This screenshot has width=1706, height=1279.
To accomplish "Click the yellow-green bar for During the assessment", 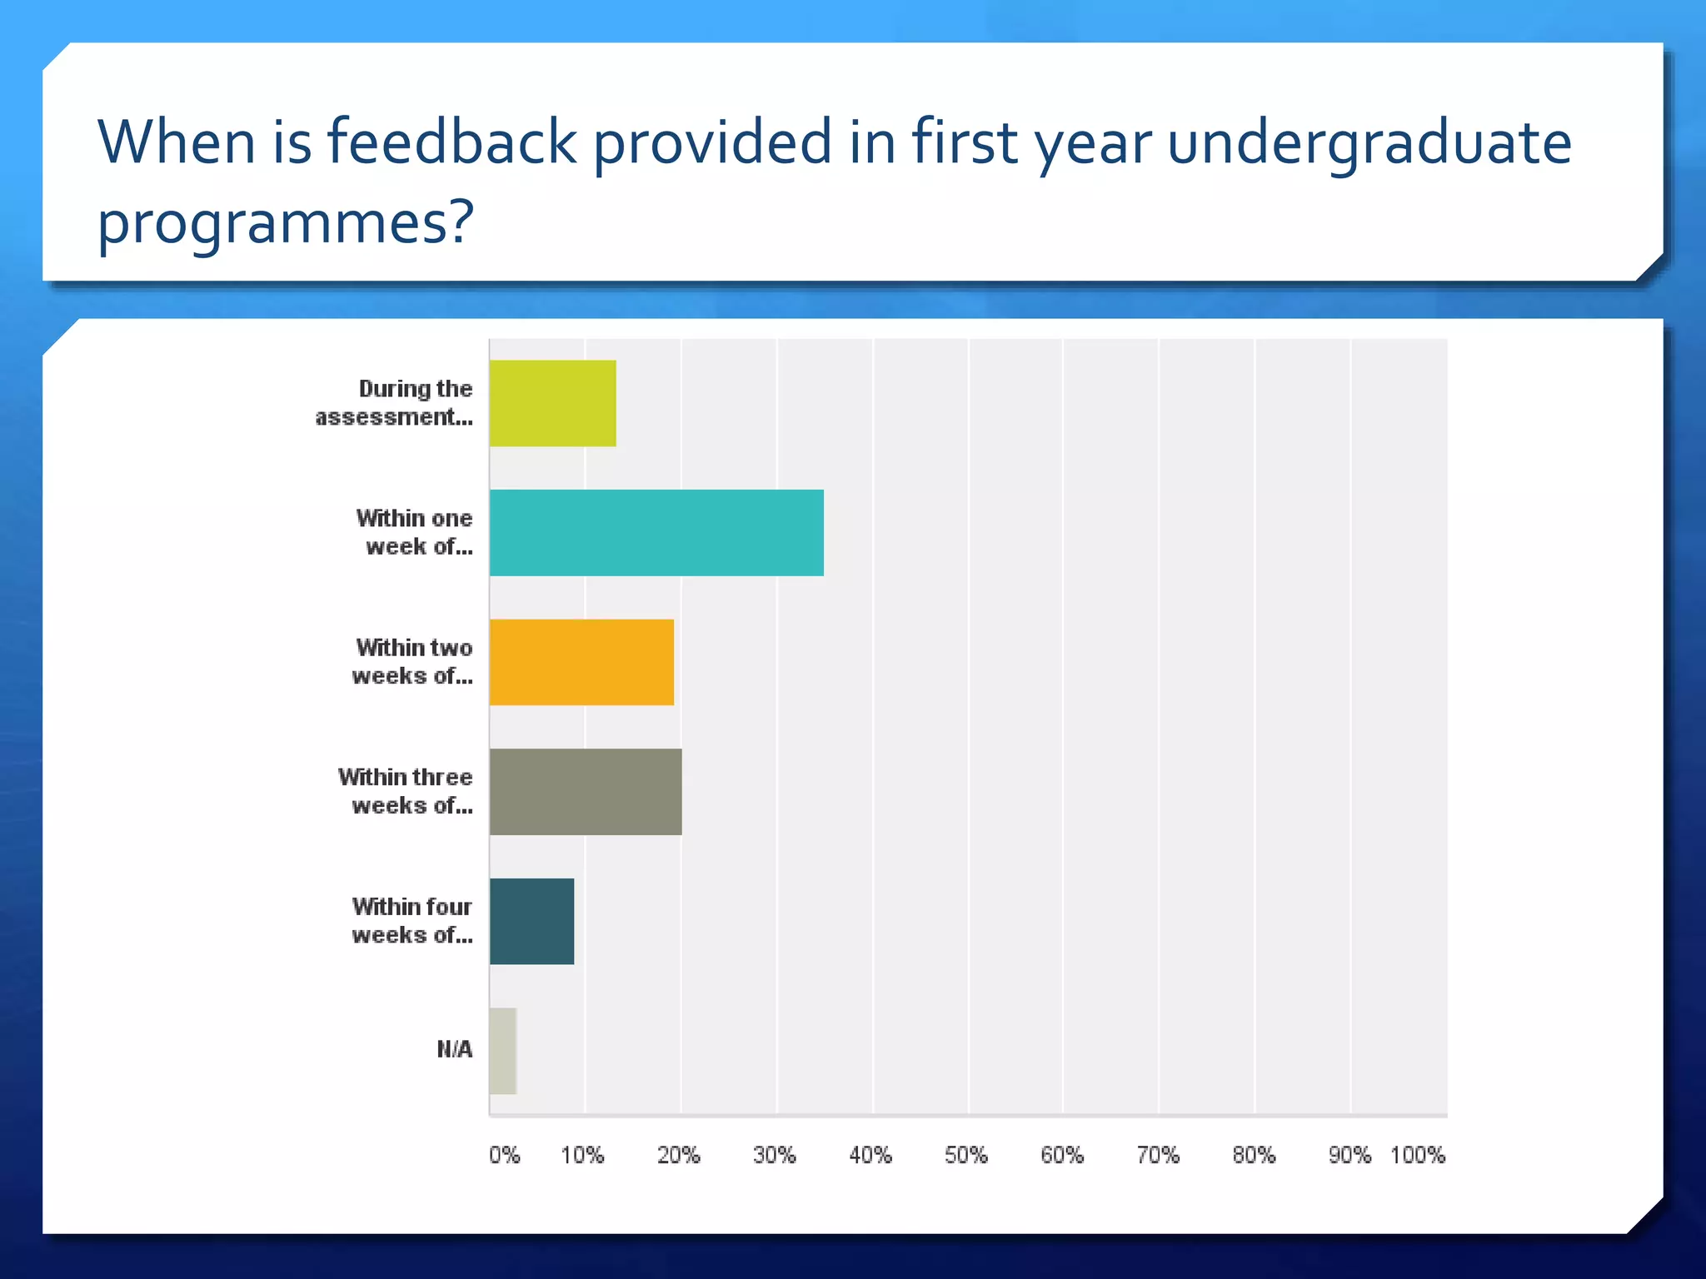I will click(x=552, y=403).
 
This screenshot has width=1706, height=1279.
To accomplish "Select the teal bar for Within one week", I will click(x=656, y=533).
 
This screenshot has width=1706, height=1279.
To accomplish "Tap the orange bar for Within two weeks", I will click(x=581, y=662).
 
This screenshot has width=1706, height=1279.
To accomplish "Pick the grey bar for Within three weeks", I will click(x=586, y=792).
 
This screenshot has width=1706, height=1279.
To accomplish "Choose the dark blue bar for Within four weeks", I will click(x=531, y=921).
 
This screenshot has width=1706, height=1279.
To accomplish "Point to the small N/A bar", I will click(x=503, y=1051).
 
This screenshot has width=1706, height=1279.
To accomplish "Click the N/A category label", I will click(x=454, y=1049).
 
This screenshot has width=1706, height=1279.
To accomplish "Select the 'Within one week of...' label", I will click(x=414, y=532).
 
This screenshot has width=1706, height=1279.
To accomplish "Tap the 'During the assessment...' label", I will click(x=394, y=403).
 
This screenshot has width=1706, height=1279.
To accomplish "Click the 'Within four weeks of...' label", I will click(x=412, y=920).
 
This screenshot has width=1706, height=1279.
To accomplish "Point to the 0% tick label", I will click(x=504, y=1155).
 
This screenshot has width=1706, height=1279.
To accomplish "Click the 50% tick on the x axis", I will click(x=965, y=1155).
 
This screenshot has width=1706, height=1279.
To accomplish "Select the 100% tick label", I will click(x=1417, y=1155).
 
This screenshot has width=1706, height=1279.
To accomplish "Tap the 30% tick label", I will click(x=774, y=1155).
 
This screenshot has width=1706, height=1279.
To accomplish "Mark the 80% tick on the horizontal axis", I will click(x=1254, y=1155).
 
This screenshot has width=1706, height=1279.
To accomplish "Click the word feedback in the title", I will click(x=451, y=142).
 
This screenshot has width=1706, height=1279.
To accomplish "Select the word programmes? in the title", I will click(x=285, y=222).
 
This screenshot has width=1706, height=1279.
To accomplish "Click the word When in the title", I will click(x=176, y=142).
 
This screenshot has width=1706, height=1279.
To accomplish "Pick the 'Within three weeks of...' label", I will click(x=406, y=791).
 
